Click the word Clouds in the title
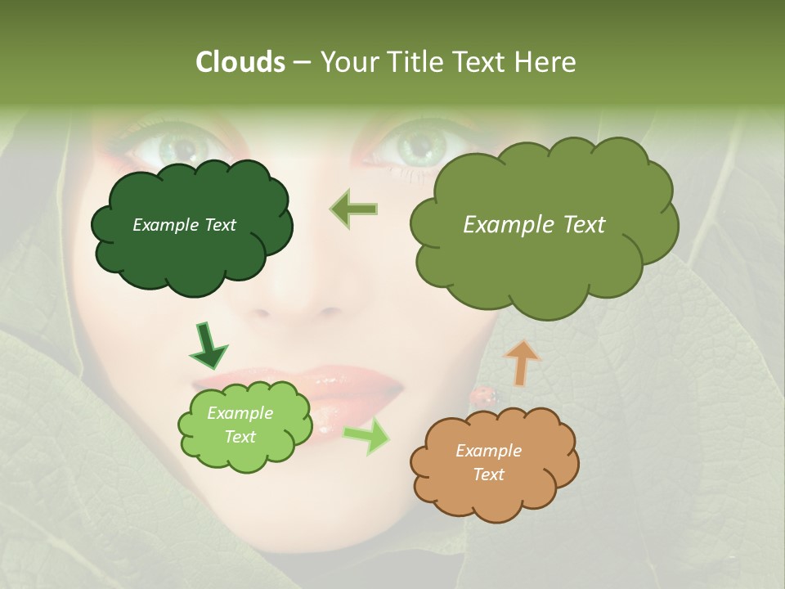pos(240,62)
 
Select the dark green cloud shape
pos(191,227)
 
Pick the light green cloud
pos(244,425)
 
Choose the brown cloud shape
pos(494,463)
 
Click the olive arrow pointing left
pos(354,209)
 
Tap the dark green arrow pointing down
pos(208,345)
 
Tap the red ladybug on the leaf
pos(482,397)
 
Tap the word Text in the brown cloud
pos(488,474)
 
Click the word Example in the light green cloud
pos(240,413)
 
